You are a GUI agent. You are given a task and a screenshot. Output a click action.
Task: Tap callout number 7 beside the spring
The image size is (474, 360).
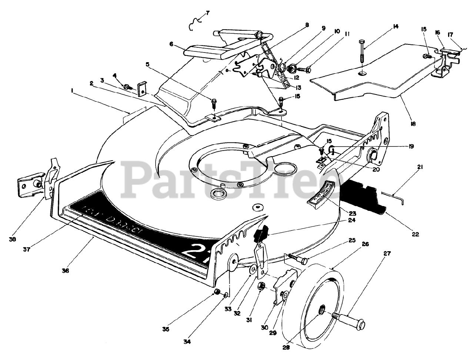click(207, 13)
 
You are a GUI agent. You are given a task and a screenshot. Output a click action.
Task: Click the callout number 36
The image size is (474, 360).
click(65, 270)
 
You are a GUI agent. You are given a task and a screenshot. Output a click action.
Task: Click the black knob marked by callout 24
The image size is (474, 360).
click(261, 234)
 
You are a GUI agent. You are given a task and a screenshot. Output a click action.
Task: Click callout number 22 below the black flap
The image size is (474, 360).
click(415, 234)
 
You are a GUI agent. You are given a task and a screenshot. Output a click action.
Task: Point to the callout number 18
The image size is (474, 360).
click(413, 124)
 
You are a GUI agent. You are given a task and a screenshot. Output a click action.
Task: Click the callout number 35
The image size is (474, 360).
click(166, 329)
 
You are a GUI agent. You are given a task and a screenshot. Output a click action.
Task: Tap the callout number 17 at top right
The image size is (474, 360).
click(451, 35)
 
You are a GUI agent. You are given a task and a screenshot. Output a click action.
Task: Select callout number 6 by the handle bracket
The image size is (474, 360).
click(171, 44)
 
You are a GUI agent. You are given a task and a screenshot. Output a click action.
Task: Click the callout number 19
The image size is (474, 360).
click(411, 147)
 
